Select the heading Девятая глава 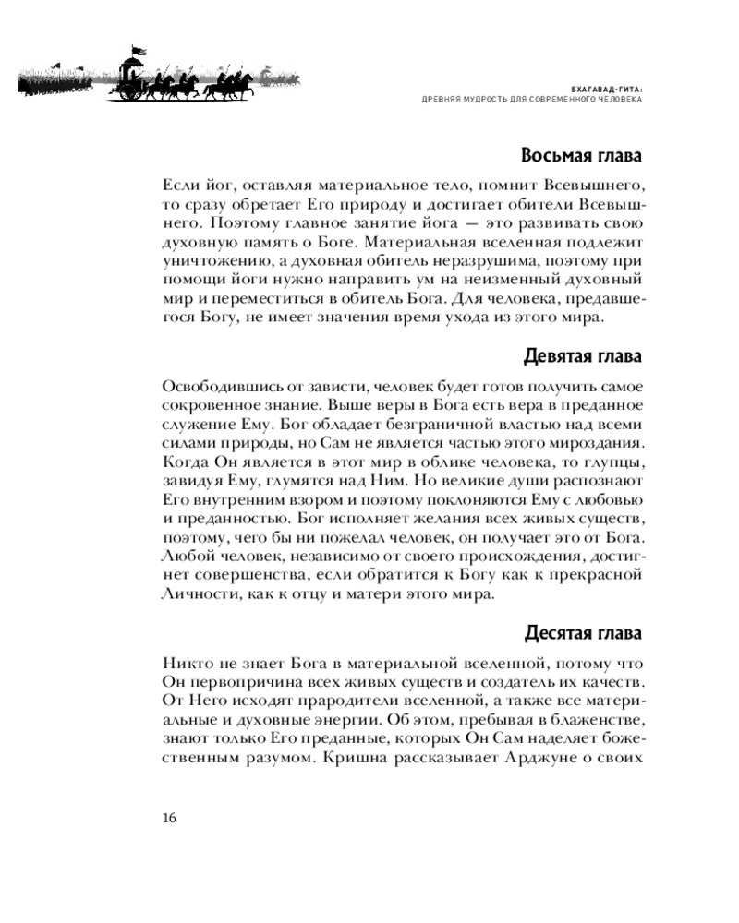[x=582, y=356]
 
